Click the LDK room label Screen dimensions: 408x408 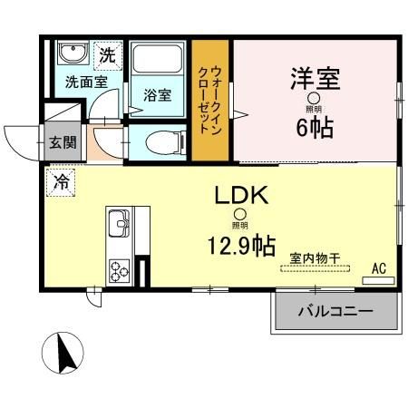click(x=239, y=195)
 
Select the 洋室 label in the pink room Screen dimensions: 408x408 click(x=315, y=79)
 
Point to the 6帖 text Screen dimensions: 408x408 click(x=315, y=125)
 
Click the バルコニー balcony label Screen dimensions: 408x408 click(x=335, y=311)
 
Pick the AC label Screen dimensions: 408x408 click(x=378, y=268)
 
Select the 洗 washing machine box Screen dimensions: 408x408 click(x=107, y=53)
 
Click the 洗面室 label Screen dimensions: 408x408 click(x=83, y=81)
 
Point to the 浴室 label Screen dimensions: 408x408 click(x=157, y=94)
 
